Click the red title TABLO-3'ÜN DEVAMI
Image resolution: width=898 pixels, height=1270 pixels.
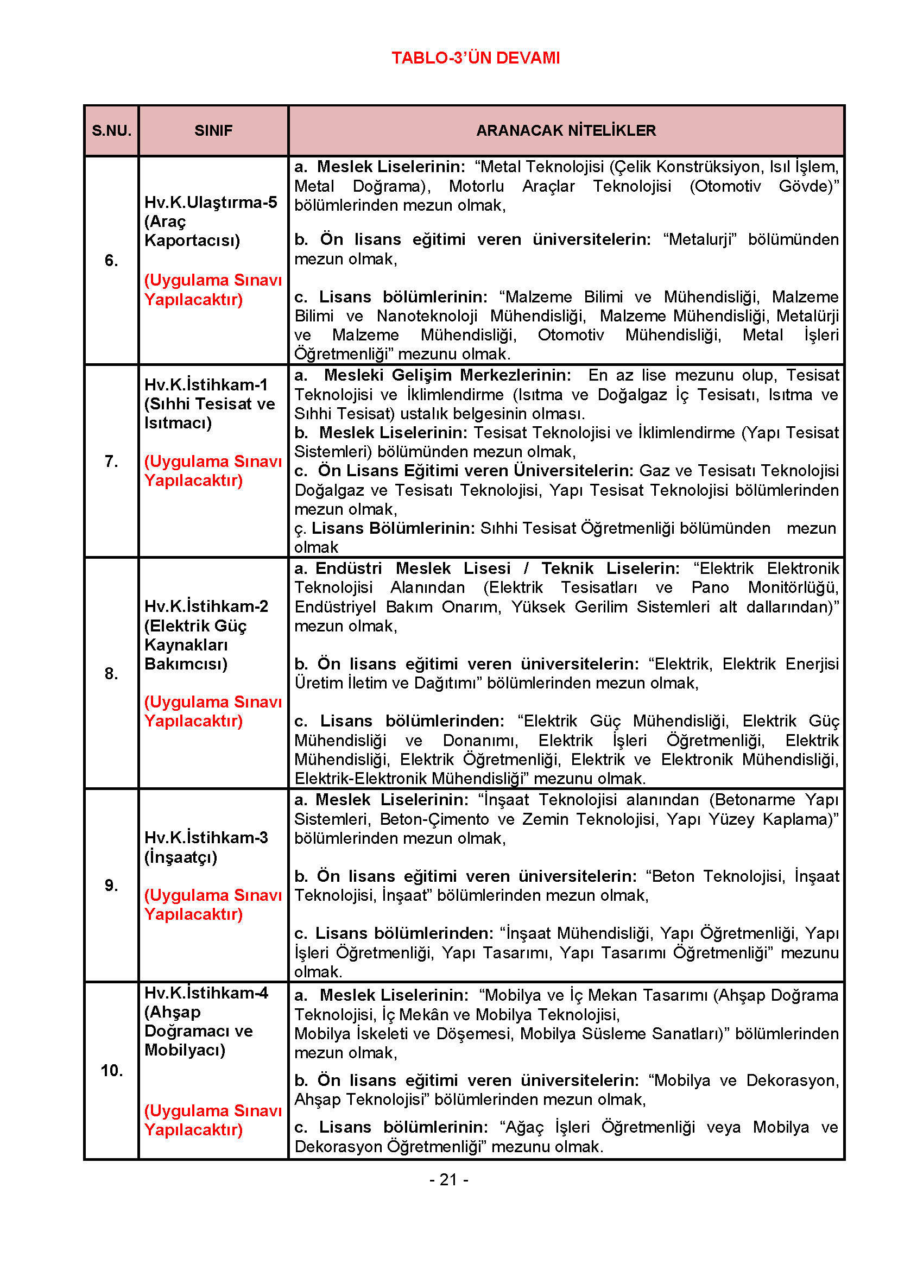pyautogui.click(x=476, y=58)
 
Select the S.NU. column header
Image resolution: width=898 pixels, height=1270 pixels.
pyautogui.click(x=111, y=131)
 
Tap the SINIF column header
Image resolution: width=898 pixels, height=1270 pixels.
pyautogui.click(x=213, y=131)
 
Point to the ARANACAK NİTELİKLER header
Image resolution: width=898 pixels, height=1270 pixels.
pyautogui.click(x=566, y=131)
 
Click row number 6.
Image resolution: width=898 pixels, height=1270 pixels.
pyautogui.click(x=111, y=261)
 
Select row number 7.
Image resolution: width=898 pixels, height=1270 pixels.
pyautogui.click(x=111, y=462)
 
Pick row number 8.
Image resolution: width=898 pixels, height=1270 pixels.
pyautogui.click(x=111, y=673)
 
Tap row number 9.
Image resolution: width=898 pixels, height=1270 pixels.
pyautogui.click(x=111, y=886)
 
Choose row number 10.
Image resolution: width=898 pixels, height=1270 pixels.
pyautogui.click(x=111, y=1071)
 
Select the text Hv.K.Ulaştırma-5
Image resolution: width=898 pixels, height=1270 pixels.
pyautogui.click(x=211, y=203)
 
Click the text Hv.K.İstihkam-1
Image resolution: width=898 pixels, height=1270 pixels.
pyautogui.click(x=206, y=384)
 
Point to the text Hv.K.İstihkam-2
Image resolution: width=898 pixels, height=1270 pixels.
pyautogui.click(x=206, y=606)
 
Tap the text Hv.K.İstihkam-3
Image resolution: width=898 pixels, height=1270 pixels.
pyautogui.click(x=206, y=837)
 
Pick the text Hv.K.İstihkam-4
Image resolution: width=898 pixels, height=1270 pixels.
pyautogui.click(x=206, y=993)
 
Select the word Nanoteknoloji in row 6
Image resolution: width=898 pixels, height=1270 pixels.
pyautogui.click(x=427, y=316)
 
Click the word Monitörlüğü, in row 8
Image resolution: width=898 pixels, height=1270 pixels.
pyautogui.click(x=793, y=587)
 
